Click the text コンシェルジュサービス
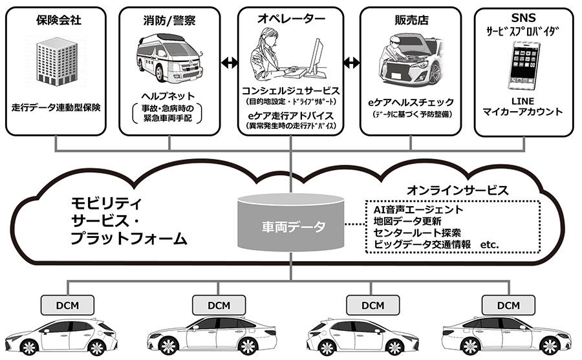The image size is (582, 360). coord(290,90)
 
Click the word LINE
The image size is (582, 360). coord(523,101)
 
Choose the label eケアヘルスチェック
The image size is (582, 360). coord(411,102)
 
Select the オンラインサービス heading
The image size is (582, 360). coord(457,191)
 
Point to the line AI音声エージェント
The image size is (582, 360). coord(418,209)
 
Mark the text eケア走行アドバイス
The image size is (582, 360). coord(290,115)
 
